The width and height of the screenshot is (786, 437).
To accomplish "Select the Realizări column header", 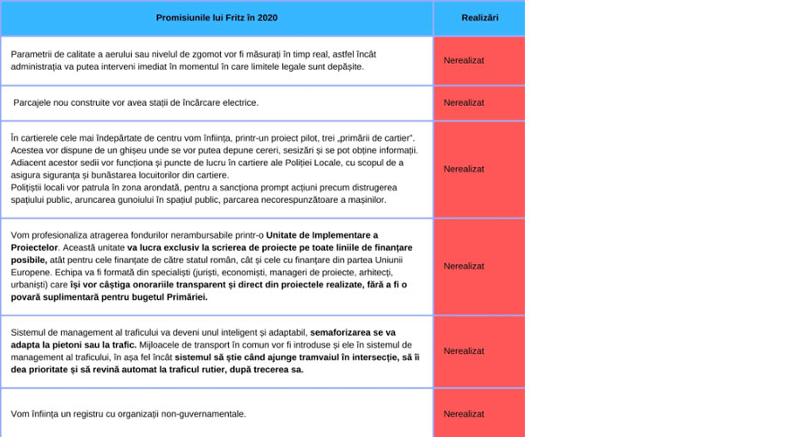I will point(479,17).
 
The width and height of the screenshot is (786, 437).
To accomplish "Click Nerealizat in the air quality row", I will point(464,60).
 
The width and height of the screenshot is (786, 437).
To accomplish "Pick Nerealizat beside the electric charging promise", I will point(464,102).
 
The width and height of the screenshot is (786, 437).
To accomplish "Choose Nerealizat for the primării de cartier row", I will point(464,169).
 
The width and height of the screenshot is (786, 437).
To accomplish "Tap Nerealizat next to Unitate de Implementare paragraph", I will point(464,266).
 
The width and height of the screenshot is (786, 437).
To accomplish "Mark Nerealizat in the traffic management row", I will point(464,350).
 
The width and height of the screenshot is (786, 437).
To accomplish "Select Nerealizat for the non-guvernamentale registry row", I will point(464,413).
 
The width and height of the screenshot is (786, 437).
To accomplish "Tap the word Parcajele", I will point(32,102).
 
